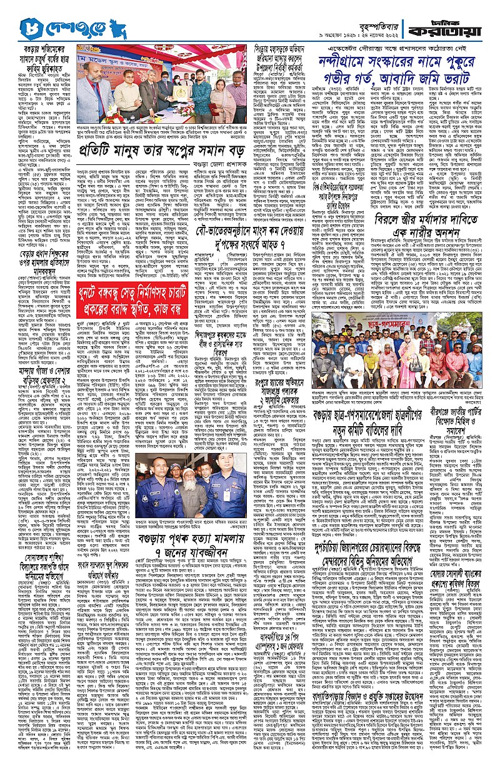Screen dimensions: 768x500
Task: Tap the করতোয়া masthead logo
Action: [x=463, y=24]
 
